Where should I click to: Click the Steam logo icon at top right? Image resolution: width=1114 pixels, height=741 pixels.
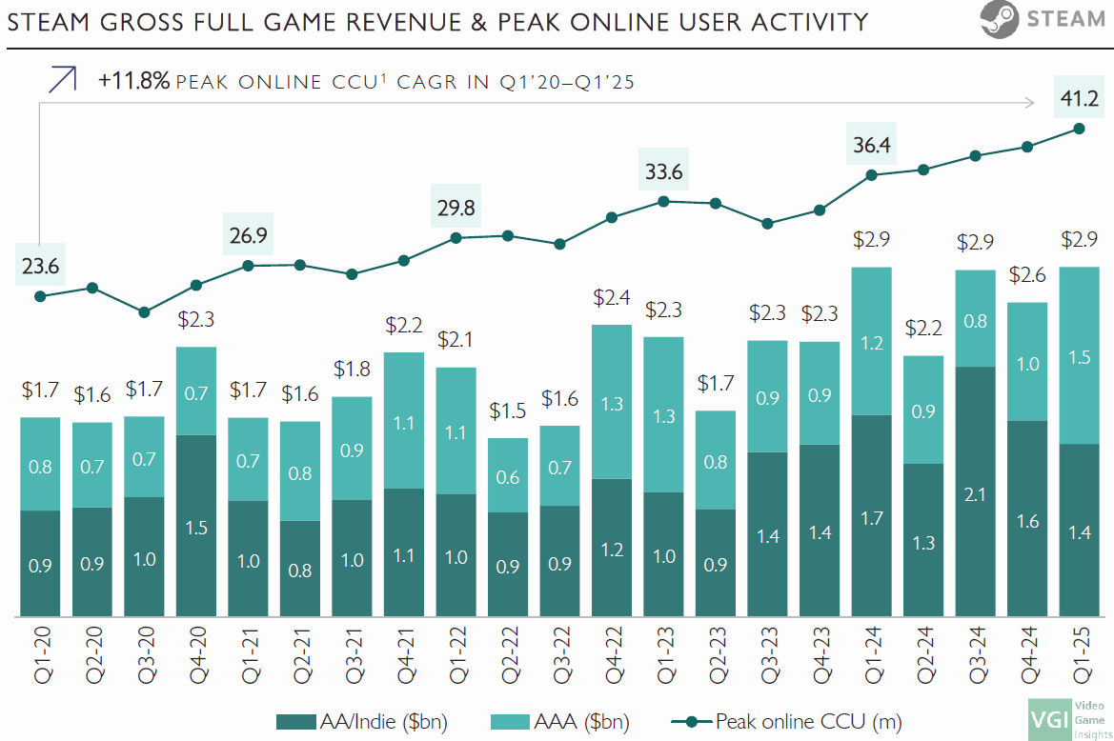pos(998,20)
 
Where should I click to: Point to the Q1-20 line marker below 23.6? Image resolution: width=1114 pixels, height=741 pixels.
pos(40,296)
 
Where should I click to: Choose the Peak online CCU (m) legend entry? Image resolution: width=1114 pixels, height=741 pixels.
pos(786,721)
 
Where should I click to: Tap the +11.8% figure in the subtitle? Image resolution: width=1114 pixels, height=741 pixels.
pos(133,82)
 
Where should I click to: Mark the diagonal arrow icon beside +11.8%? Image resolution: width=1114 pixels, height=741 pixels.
pos(62,80)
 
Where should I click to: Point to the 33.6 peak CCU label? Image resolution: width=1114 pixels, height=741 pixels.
pos(663,172)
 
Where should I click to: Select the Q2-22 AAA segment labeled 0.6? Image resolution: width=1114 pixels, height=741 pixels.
pos(508,475)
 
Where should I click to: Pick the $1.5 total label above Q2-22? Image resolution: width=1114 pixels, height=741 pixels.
pos(508,411)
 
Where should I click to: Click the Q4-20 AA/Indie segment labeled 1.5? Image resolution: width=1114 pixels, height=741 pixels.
pos(196,525)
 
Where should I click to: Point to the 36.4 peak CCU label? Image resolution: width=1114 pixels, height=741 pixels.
pos(871,146)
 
